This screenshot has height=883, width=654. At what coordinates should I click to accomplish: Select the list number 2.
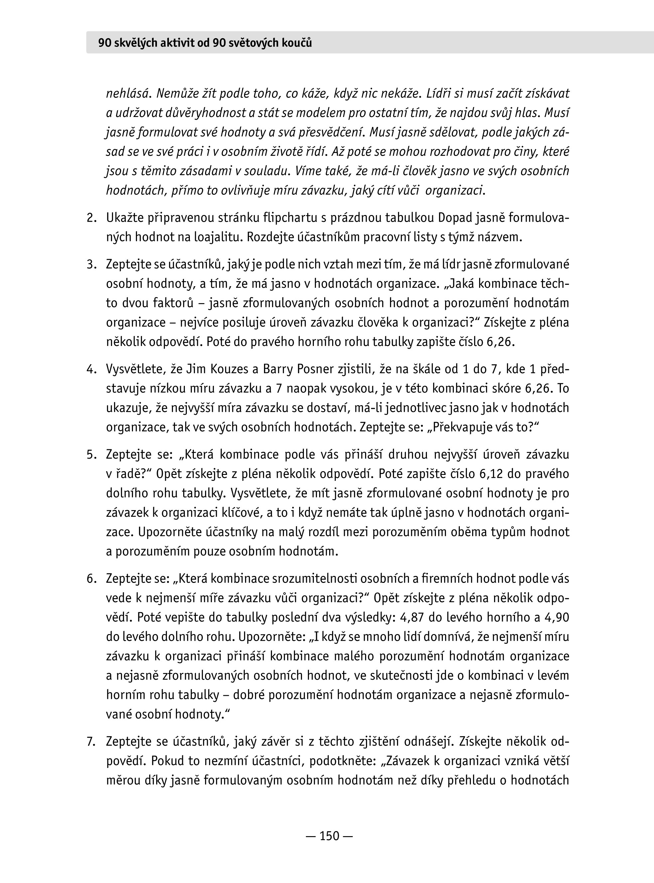(91, 218)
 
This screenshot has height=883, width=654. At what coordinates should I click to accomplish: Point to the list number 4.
(91, 369)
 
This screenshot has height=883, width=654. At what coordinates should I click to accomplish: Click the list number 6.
(91, 579)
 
